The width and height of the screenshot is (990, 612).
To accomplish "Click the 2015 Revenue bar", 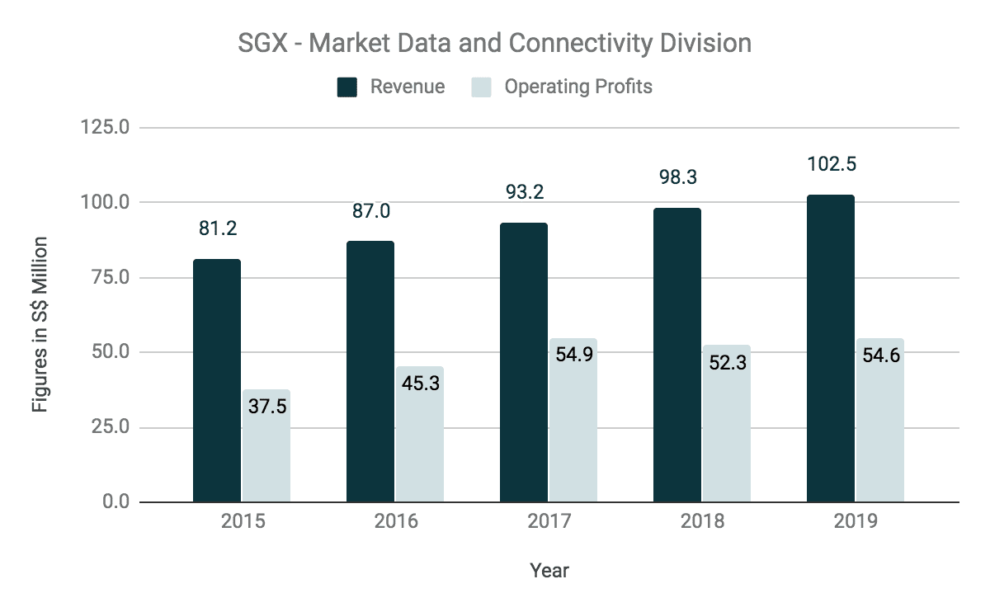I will (217, 380).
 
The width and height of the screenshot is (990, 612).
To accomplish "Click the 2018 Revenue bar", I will (677, 355).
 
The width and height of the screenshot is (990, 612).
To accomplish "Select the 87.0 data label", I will (370, 211).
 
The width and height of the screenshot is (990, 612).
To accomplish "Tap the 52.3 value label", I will (726, 361).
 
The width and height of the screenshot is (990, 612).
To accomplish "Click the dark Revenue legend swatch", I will (347, 87).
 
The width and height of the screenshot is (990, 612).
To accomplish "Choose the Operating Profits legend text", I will (577, 87).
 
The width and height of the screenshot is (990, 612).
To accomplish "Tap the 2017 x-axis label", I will (549, 522).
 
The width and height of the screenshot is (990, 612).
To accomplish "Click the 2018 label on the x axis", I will (702, 522).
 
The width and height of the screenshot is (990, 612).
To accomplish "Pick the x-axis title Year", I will (549, 570).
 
